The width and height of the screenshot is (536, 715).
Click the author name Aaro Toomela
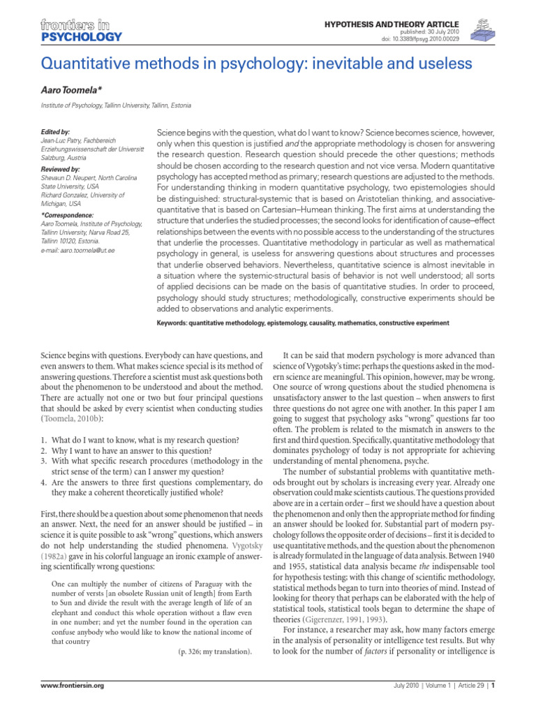click(x=73, y=91)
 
